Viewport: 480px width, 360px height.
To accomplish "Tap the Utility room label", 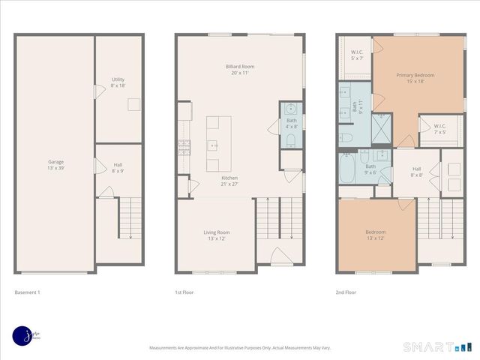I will tap(118, 82).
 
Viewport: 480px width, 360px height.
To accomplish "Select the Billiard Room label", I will tap(239, 70).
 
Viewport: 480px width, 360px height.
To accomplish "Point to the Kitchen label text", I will tap(229, 181).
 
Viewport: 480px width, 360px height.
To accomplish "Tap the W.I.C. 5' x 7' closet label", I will tap(357, 55).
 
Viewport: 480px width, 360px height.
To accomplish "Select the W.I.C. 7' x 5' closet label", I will tap(439, 128).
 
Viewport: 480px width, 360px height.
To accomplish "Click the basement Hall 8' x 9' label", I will tap(118, 167).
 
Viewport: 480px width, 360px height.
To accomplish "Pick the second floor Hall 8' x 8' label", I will tap(416, 172).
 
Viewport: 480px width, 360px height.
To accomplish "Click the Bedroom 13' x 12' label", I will tap(375, 235).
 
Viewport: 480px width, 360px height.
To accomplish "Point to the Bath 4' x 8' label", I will tap(291, 123).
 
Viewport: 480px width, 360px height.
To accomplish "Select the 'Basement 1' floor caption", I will tap(27, 292).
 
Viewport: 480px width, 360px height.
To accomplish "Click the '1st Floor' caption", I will tap(184, 292).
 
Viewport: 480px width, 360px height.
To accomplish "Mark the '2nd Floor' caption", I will tap(346, 292).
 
